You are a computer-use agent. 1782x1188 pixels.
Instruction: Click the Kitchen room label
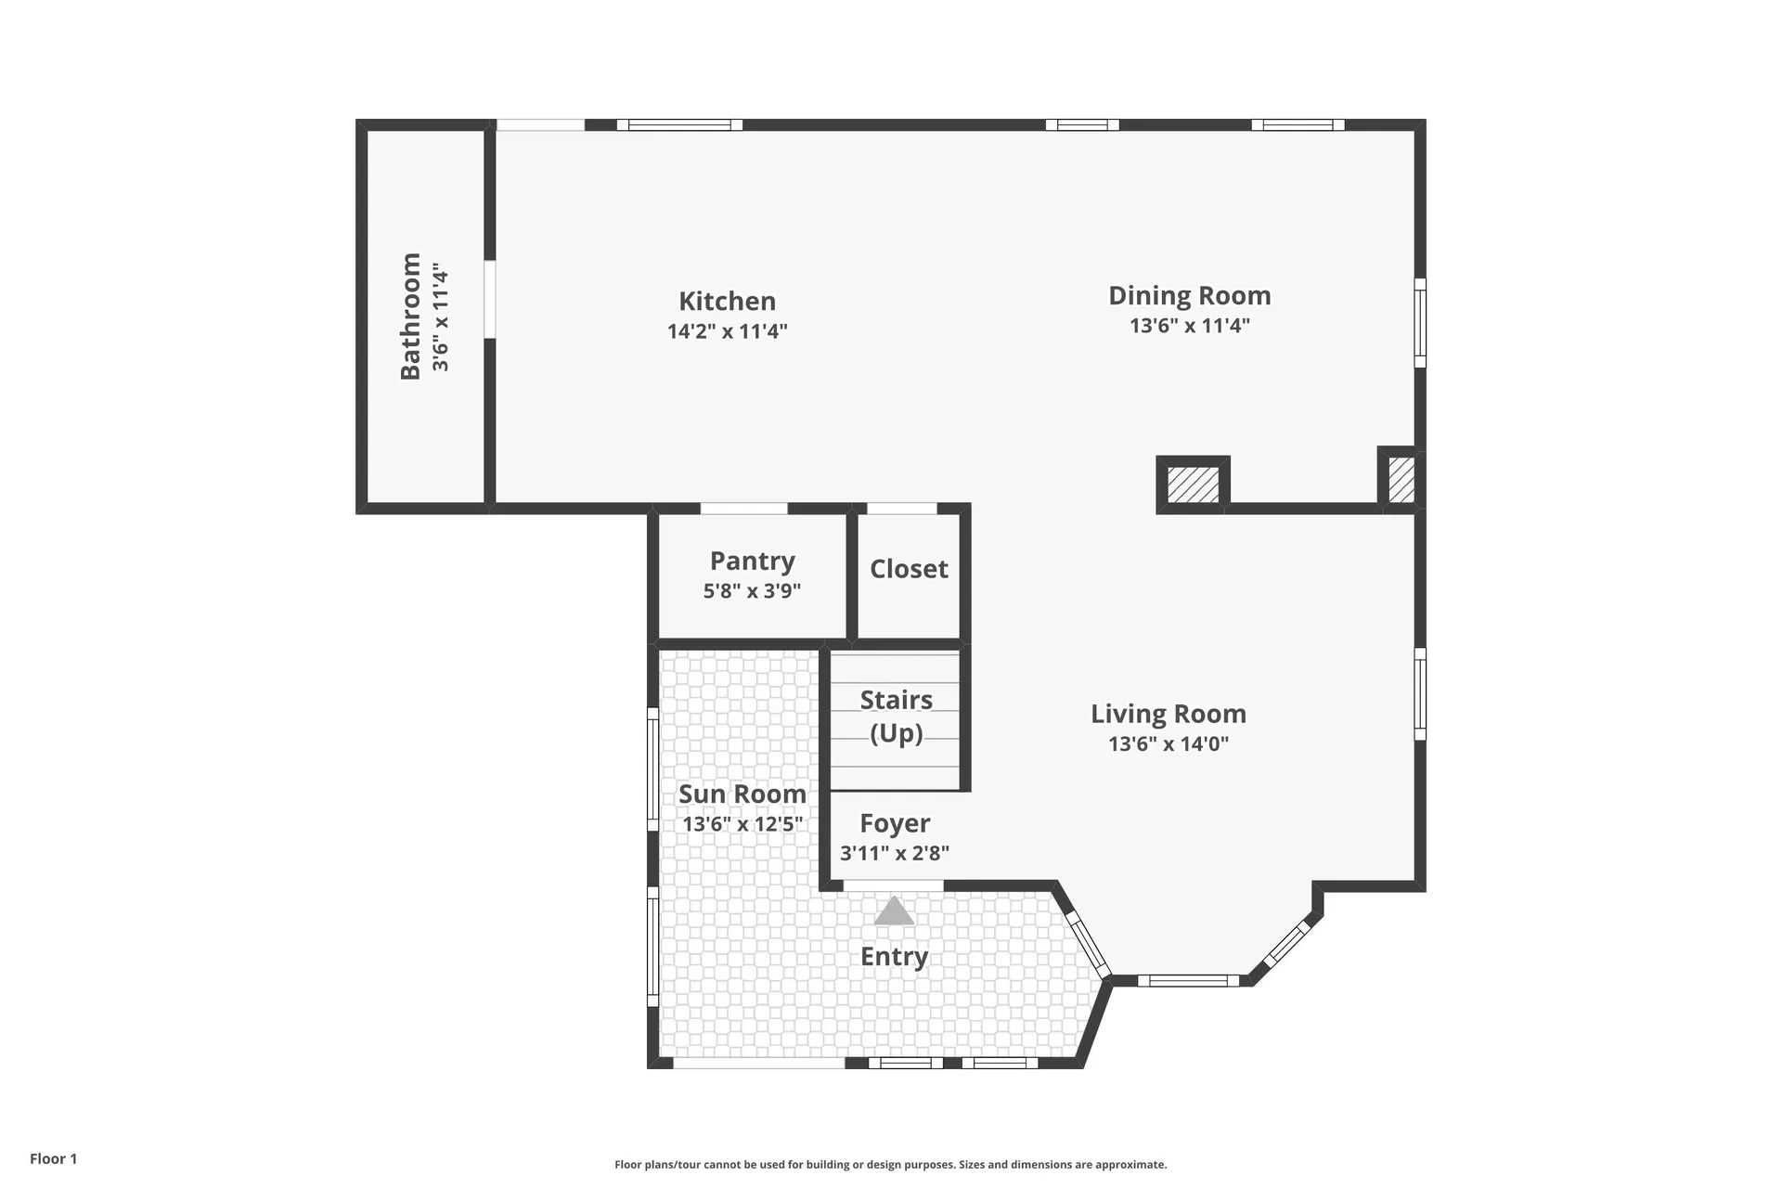click(x=727, y=301)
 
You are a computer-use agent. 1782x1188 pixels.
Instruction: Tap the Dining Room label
click(x=1189, y=295)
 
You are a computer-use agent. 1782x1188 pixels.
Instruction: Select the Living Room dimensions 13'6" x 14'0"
click(x=1169, y=743)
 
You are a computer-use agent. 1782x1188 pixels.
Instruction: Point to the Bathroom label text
click(x=410, y=316)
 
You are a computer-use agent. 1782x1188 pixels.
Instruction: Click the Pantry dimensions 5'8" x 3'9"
click(x=752, y=590)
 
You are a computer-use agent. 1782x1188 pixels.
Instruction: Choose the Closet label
click(x=909, y=568)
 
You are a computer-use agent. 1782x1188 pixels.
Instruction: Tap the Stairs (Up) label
click(x=896, y=716)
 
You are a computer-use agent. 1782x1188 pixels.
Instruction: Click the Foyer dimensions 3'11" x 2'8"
click(x=895, y=853)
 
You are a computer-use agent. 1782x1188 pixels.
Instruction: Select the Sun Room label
click(x=742, y=794)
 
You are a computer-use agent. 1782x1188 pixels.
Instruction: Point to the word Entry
click(x=894, y=957)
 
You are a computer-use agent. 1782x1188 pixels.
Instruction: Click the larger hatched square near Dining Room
click(x=1193, y=484)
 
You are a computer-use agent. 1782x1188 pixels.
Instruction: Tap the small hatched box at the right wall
click(x=1401, y=479)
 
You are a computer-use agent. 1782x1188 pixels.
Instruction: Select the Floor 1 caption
click(x=54, y=1158)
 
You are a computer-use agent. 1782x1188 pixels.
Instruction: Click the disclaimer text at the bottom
click(x=891, y=1165)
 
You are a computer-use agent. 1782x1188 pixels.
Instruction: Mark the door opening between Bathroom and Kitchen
click(x=489, y=299)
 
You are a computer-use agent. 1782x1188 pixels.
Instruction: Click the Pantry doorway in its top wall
click(x=743, y=509)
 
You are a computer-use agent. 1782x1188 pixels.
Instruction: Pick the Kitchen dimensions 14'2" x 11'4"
click(x=727, y=331)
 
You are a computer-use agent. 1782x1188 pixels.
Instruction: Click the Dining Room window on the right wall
click(x=1420, y=323)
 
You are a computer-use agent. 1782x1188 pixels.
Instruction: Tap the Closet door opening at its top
click(x=902, y=509)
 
